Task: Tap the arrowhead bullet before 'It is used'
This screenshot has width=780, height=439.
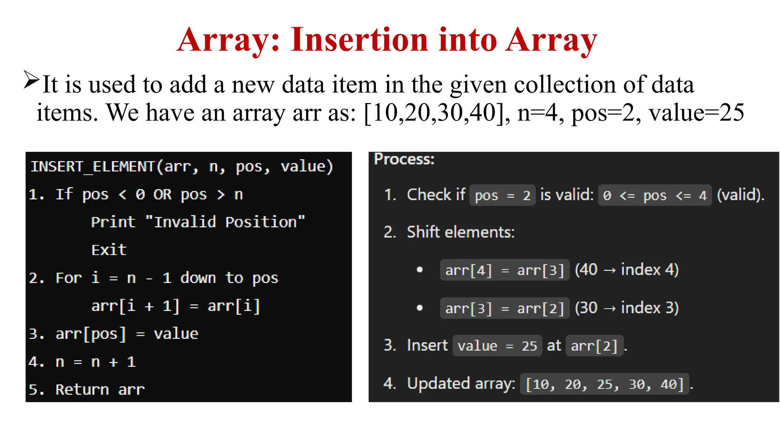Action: click(31, 80)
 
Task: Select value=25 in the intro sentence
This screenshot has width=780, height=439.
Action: click(697, 112)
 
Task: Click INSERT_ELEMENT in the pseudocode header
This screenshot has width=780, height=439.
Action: click(92, 167)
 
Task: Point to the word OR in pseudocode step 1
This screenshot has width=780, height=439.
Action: click(163, 195)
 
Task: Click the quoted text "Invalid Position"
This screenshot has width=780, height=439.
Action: click(225, 222)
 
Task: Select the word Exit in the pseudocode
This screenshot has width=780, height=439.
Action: click(109, 250)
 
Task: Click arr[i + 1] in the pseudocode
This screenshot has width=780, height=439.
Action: click(135, 306)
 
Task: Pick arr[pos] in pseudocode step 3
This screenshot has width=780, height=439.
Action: click(91, 334)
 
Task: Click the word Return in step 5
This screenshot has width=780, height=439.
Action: click(82, 389)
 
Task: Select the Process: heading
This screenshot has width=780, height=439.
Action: click(404, 159)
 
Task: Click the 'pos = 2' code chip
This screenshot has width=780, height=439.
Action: click(502, 195)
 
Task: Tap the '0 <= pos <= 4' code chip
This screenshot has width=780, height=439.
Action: click(655, 195)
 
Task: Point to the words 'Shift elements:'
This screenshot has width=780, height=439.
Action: click(461, 232)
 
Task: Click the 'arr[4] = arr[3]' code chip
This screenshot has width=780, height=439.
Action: click(505, 270)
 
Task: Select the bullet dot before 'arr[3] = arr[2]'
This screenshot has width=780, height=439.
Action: click(420, 308)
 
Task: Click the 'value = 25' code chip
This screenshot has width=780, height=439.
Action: click(497, 346)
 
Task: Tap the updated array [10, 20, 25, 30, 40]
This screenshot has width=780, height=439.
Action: click(604, 384)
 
